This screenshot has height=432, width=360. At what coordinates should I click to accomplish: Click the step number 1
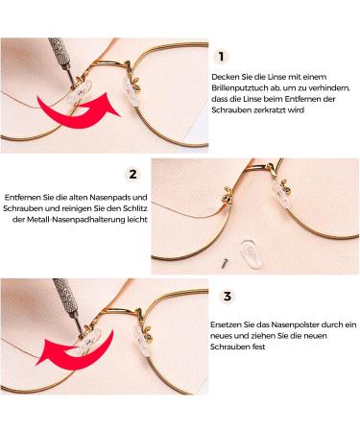(x=221, y=57)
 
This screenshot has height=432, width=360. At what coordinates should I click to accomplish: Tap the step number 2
(x=132, y=174)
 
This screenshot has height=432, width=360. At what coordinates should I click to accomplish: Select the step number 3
(x=227, y=296)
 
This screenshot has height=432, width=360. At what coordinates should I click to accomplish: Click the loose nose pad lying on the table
(x=251, y=253)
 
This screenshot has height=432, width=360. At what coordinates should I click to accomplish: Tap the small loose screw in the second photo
(x=225, y=263)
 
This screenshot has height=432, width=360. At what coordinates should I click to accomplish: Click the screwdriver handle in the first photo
(x=59, y=50)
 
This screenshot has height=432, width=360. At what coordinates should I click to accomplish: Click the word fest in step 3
(x=259, y=347)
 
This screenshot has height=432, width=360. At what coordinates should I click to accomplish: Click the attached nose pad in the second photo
(x=281, y=194)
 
